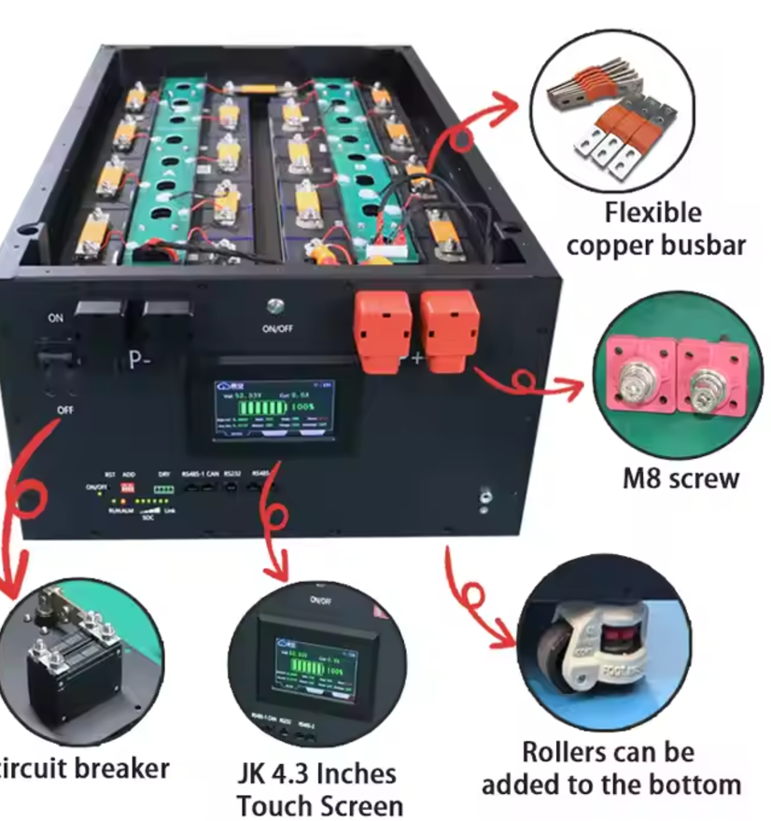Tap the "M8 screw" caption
pos(680,479)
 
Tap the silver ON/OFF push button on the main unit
pos(274,305)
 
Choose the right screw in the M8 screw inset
pos(707,382)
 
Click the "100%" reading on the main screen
pos(301,408)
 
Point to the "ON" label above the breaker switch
pos(56,317)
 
